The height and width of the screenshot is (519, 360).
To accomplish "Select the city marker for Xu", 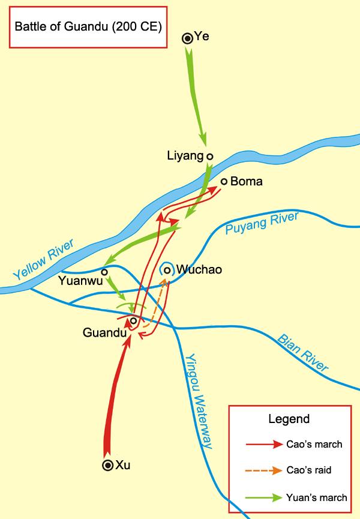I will coord(107,465).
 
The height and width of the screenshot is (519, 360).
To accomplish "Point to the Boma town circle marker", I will coord(224,181).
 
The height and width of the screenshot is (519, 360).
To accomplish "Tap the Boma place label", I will coord(247,181).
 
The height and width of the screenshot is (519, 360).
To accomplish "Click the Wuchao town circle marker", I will coord(167,270).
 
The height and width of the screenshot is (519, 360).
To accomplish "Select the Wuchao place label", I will coord(199,270).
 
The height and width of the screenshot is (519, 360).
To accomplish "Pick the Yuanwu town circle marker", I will coord(104,272).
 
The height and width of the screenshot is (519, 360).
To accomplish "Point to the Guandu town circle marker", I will coord(133,320).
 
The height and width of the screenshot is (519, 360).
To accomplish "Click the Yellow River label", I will coord(44,260).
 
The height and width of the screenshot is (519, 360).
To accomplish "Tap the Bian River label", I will coord(303,352).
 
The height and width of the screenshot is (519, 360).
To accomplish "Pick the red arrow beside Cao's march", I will coord(265,445).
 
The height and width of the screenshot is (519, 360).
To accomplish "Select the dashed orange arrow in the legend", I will coord(265,470).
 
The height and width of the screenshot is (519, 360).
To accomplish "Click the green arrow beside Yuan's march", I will coord(265,497).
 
